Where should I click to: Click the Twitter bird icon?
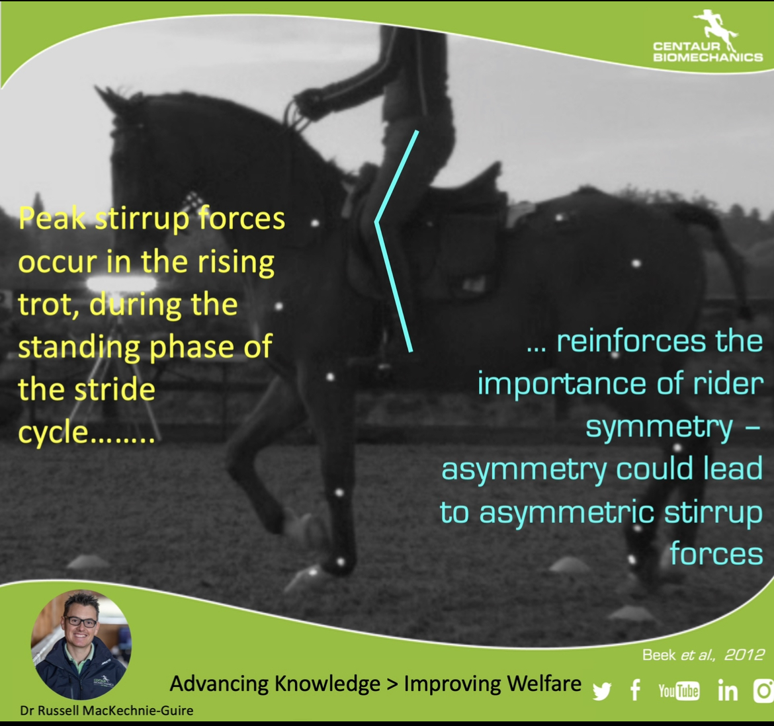click(x=602, y=691)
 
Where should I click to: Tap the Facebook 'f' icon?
click(x=635, y=690)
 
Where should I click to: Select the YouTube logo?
click(x=679, y=691)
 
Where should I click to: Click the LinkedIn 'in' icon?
click(x=728, y=690)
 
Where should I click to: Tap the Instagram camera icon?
click(x=763, y=690)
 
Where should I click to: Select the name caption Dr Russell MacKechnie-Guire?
click(x=107, y=711)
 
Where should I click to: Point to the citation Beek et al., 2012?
click(x=703, y=655)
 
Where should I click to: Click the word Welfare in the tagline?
click(x=544, y=684)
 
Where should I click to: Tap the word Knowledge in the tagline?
click(x=327, y=684)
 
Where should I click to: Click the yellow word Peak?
click(x=52, y=218)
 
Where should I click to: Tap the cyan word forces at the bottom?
click(x=716, y=554)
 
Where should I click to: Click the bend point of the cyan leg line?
click(x=376, y=222)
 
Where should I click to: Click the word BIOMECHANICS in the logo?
click(x=709, y=57)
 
